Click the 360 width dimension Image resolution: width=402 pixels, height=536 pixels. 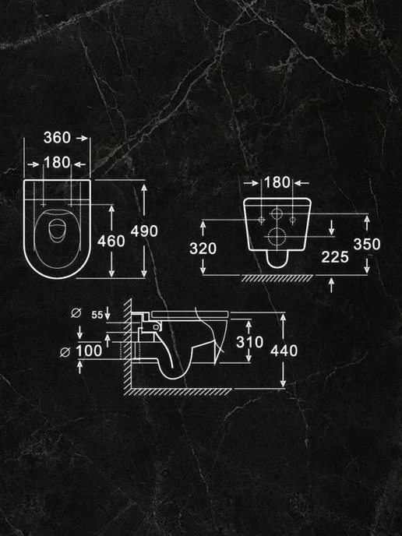(x=57, y=138)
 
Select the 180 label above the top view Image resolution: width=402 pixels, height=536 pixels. (x=57, y=162)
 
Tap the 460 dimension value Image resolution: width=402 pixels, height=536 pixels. (x=111, y=241)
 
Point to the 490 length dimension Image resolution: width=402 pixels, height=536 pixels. (x=144, y=231)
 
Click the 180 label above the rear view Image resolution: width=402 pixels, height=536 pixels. (x=277, y=182)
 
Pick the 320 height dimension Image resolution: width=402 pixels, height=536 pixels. (x=203, y=249)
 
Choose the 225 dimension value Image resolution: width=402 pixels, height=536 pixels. (x=335, y=257)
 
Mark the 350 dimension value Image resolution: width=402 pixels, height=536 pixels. (x=367, y=244)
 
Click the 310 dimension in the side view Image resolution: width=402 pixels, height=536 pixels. (x=249, y=342)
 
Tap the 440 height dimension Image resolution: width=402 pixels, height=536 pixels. (x=284, y=351)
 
